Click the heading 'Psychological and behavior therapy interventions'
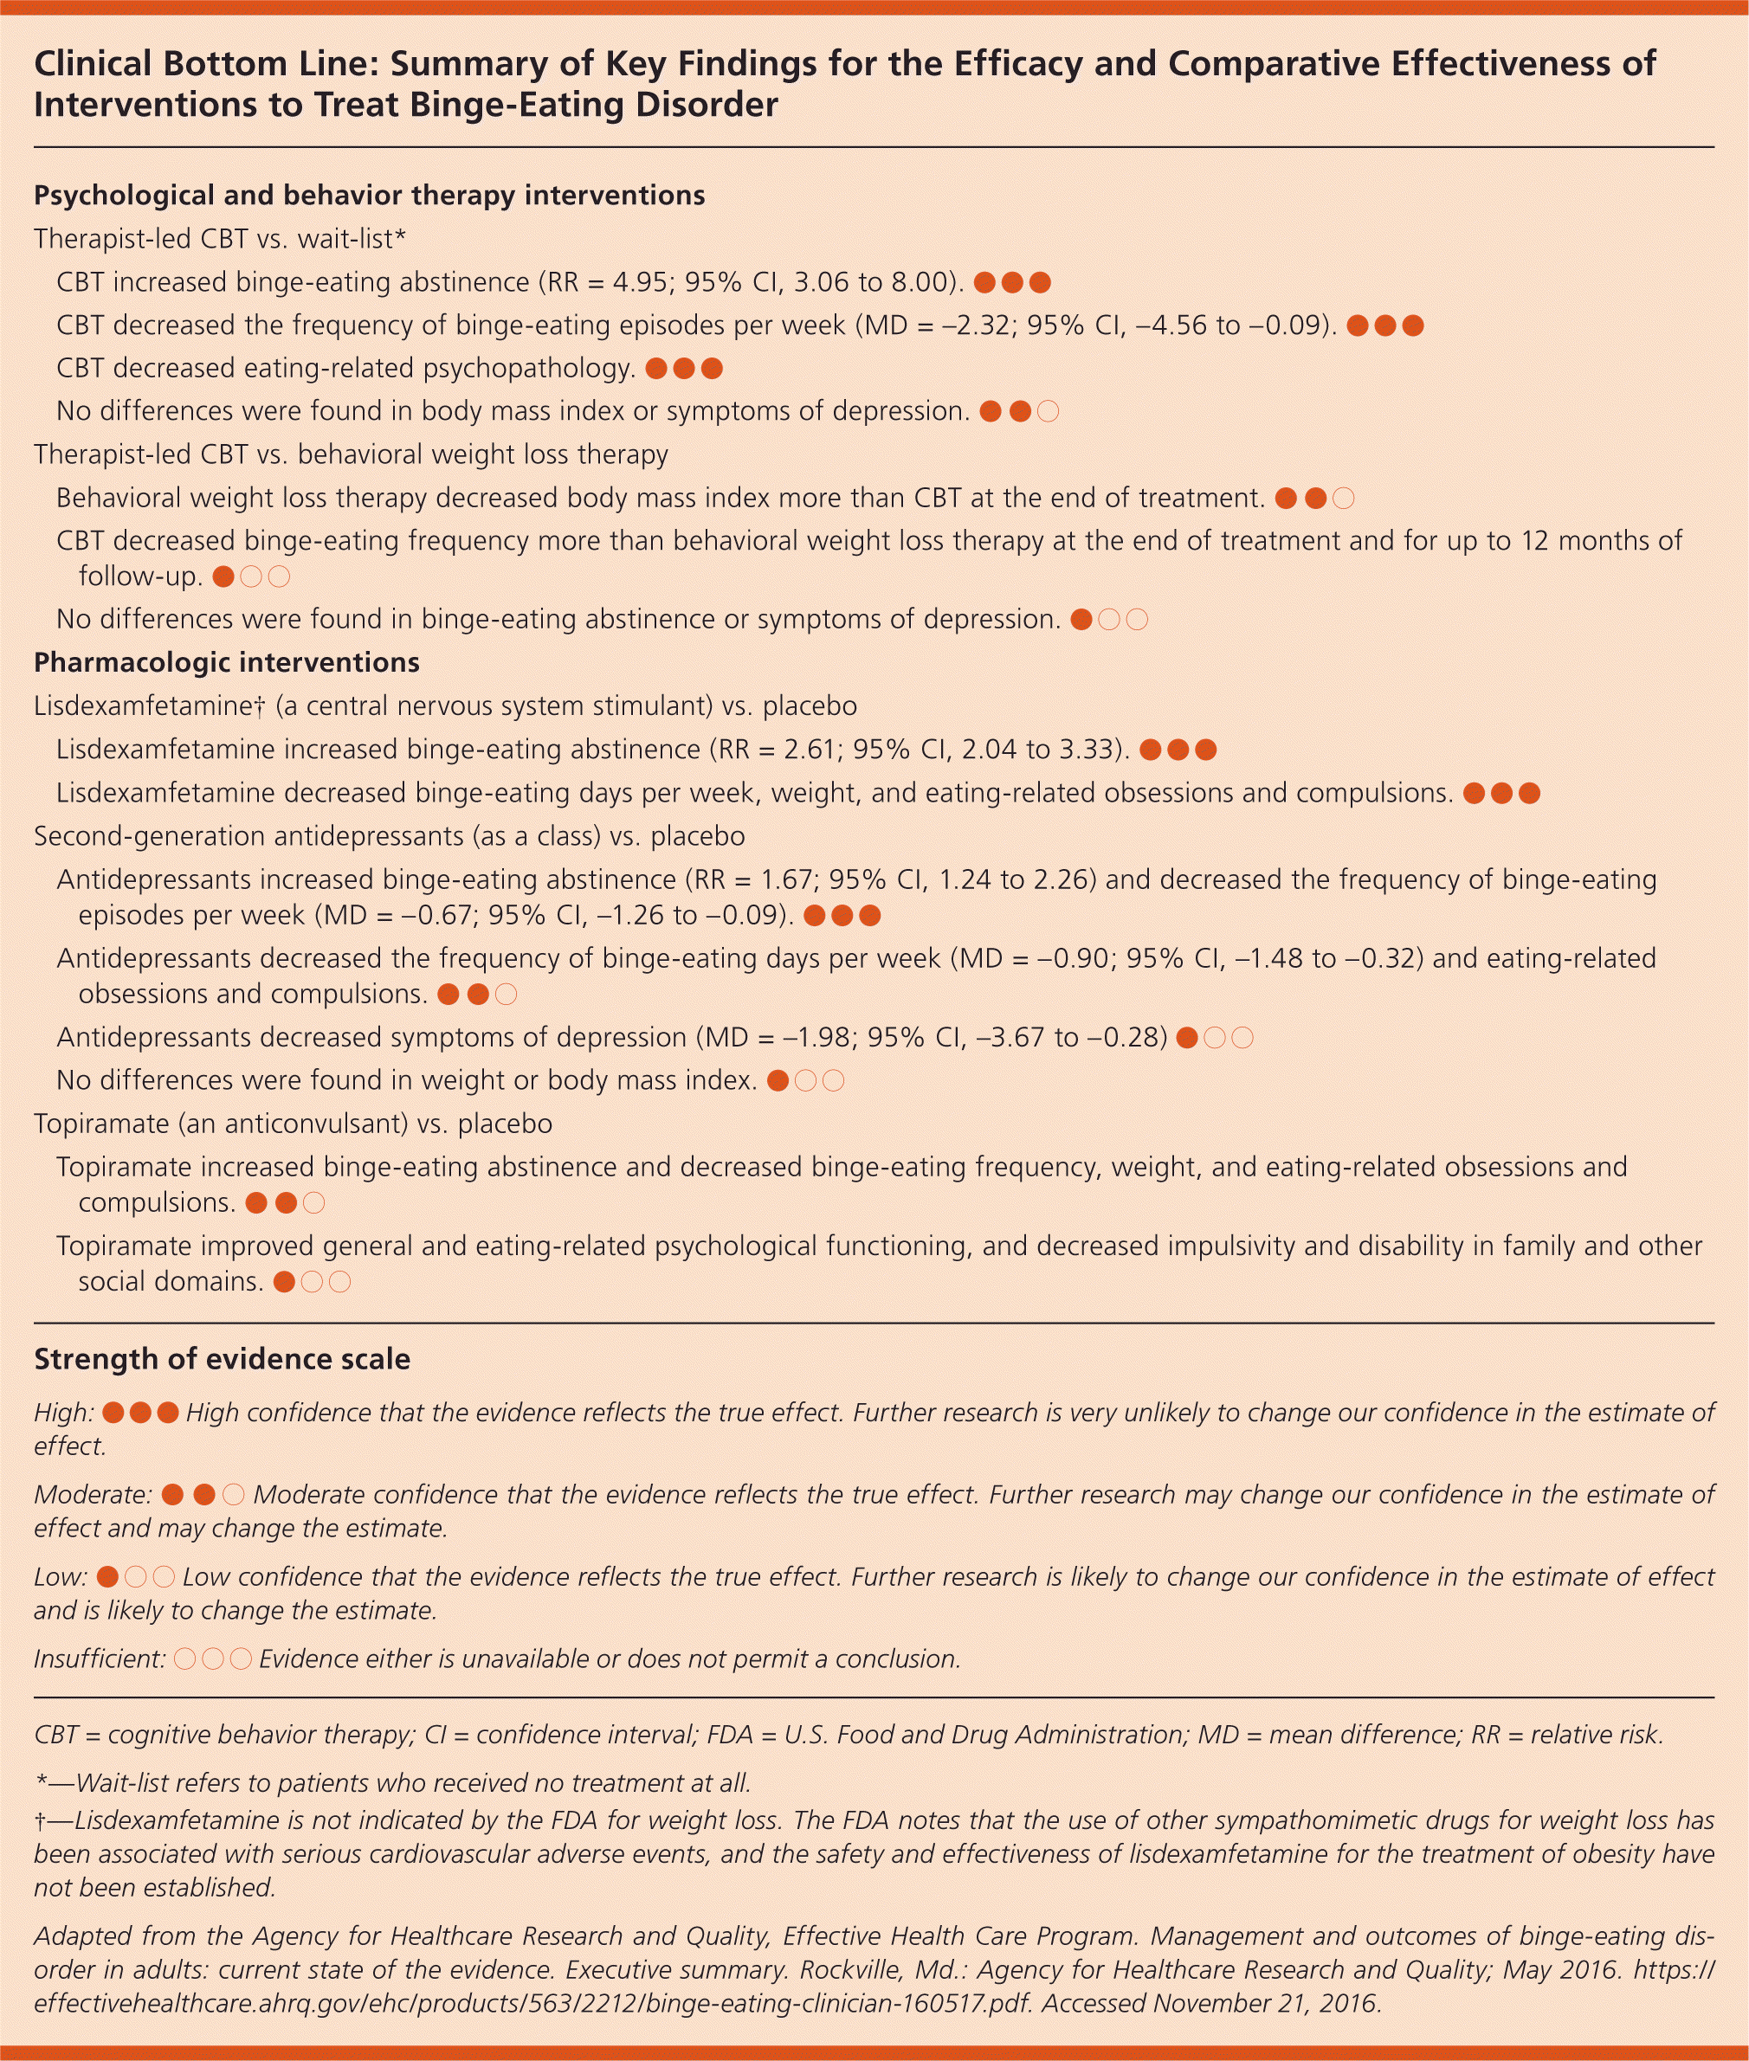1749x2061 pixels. click(369, 196)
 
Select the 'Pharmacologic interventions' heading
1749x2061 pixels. click(226, 662)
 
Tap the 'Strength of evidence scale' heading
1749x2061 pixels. click(223, 1359)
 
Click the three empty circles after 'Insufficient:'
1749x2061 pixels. click(213, 1658)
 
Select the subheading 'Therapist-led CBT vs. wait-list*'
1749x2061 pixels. click(220, 239)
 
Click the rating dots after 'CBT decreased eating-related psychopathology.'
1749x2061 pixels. click(684, 369)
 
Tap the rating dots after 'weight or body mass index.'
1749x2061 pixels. click(806, 1080)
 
